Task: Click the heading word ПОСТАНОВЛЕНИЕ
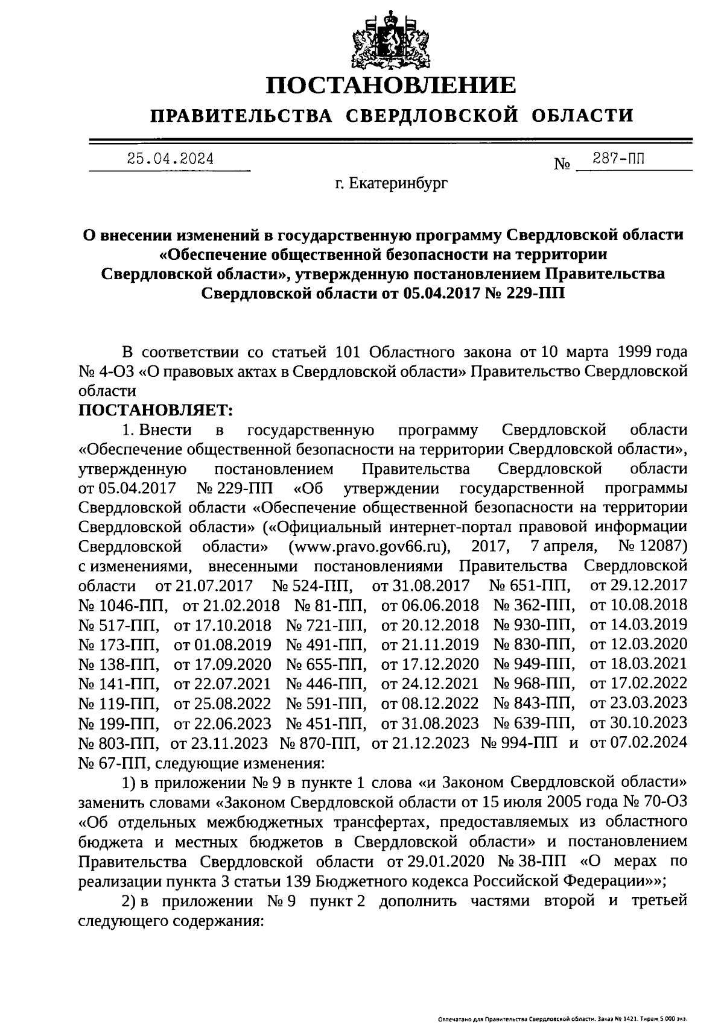(392, 84)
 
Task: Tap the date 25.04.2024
(170, 159)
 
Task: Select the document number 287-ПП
(618, 159)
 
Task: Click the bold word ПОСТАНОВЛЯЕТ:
(156, 410)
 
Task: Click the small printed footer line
(562, 1020)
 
